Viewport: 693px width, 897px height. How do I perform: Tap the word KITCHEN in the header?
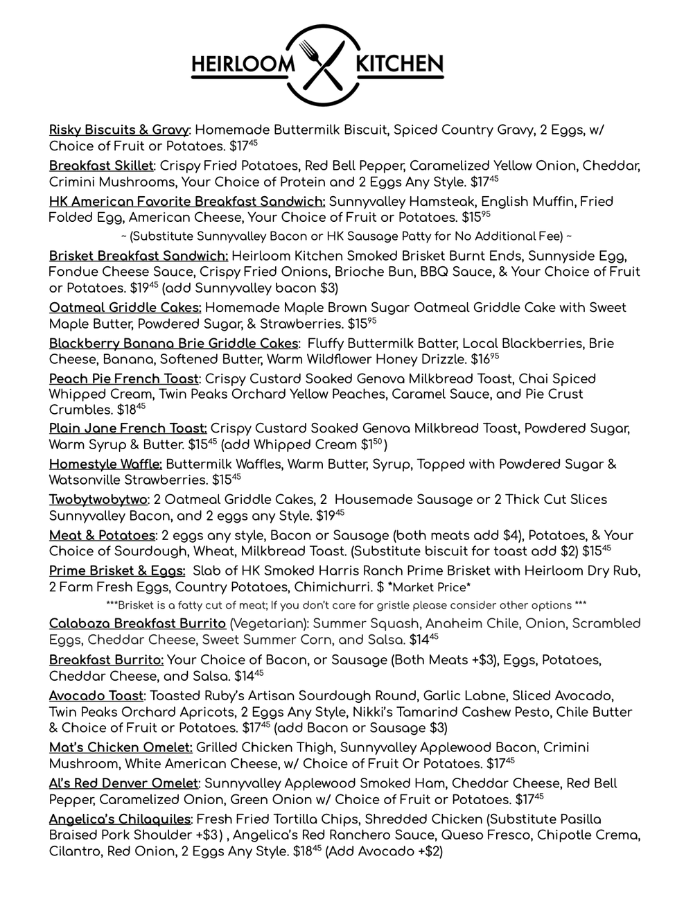398,65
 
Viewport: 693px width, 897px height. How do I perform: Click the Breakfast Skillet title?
100,166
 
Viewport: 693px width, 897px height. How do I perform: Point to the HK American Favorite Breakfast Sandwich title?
187,202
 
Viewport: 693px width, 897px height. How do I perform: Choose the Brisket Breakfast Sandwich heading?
139,255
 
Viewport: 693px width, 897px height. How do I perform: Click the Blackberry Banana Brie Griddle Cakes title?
173,344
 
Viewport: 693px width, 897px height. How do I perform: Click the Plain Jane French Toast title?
128,428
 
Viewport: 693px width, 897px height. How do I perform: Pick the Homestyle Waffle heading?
105,464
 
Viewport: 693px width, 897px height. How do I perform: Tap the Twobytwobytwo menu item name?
98,500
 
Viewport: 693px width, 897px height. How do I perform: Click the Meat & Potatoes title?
102,536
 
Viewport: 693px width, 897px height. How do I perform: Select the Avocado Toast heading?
96,696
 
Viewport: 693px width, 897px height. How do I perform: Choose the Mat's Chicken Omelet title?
121,747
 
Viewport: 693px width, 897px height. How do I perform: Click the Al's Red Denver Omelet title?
123,783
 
